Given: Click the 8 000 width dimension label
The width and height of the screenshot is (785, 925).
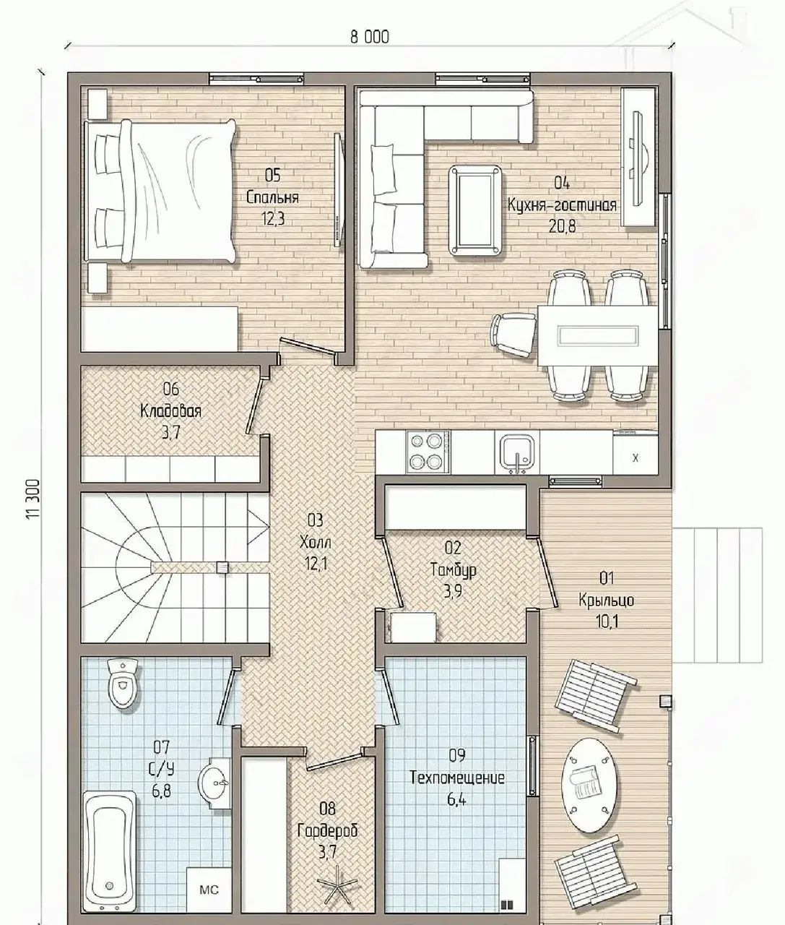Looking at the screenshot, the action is [x=370, y=37].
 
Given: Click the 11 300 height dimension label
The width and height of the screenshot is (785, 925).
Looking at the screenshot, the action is [x=33, y=499].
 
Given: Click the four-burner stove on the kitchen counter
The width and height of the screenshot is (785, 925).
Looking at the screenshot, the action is [x=428, y=452].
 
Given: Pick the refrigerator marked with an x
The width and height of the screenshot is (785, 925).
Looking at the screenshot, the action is [x=636, y=455].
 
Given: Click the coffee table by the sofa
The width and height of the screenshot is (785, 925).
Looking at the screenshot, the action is [x=475, y=210].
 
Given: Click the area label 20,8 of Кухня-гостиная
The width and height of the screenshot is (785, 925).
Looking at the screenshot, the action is [x=563, y=226].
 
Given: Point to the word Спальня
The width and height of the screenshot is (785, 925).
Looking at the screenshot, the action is [x=272, y=197].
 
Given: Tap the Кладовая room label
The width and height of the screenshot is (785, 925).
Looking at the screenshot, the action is [x=171, y=410].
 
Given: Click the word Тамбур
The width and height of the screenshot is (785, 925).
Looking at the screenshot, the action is [x=453, y=569].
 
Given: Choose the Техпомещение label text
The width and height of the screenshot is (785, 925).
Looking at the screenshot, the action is [x=457, y=778].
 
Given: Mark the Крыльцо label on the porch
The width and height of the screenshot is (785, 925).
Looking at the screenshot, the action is [x=606, y=600].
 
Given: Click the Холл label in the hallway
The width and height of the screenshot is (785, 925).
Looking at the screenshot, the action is [x=316, y=543].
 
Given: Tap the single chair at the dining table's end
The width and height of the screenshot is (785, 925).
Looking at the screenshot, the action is [x=513, y=335].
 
